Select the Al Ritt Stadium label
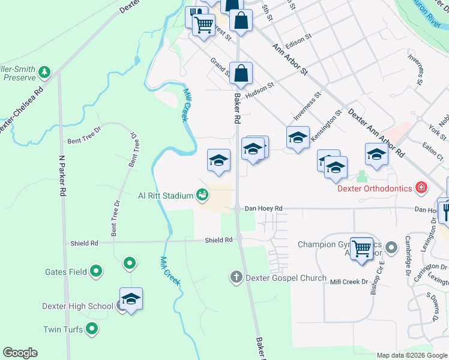tap(165, 196)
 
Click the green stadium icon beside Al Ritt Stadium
tap(202, 195)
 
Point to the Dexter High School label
tap(77, 306)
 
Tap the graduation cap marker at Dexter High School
tap(131, 299)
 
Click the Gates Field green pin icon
tap(95, 271)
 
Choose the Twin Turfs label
tap(62, 329)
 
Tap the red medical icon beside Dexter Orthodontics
tap(422, 188)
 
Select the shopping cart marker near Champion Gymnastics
tap(362, 247)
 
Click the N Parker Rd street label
tap(61, 176)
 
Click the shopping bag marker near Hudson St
tap(240, 74)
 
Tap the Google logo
tap(20, 353)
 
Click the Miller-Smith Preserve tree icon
tap(44, 73)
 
